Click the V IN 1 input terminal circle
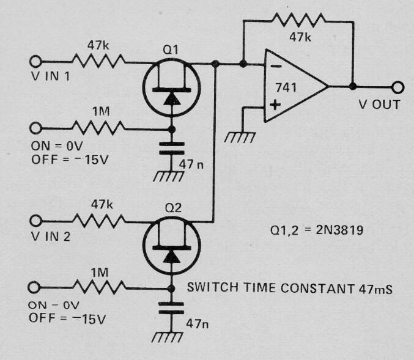tap(35, 62)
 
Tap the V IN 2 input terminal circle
tap(35, 221)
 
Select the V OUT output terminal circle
tap(398, 87)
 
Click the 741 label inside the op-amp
tap(286, 87)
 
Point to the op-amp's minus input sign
tap(276, 66)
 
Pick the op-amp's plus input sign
tap(275, 105)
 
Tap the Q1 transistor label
tap(170, 50)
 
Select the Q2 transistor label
tap(173, 208)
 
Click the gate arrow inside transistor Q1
tap(172, 99)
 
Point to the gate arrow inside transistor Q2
tap(172, 257)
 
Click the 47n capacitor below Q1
tap(172, 149)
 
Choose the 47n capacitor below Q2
tap(171, 308)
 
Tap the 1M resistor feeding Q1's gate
tap(98, 128)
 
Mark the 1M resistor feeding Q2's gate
tap(99, 287)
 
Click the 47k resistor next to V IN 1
tap(98, 61)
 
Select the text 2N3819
tap(339, 230)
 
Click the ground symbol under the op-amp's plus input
tap(240, 138)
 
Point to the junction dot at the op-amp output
tap(353, 86)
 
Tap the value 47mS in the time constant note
tap(375, 289)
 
